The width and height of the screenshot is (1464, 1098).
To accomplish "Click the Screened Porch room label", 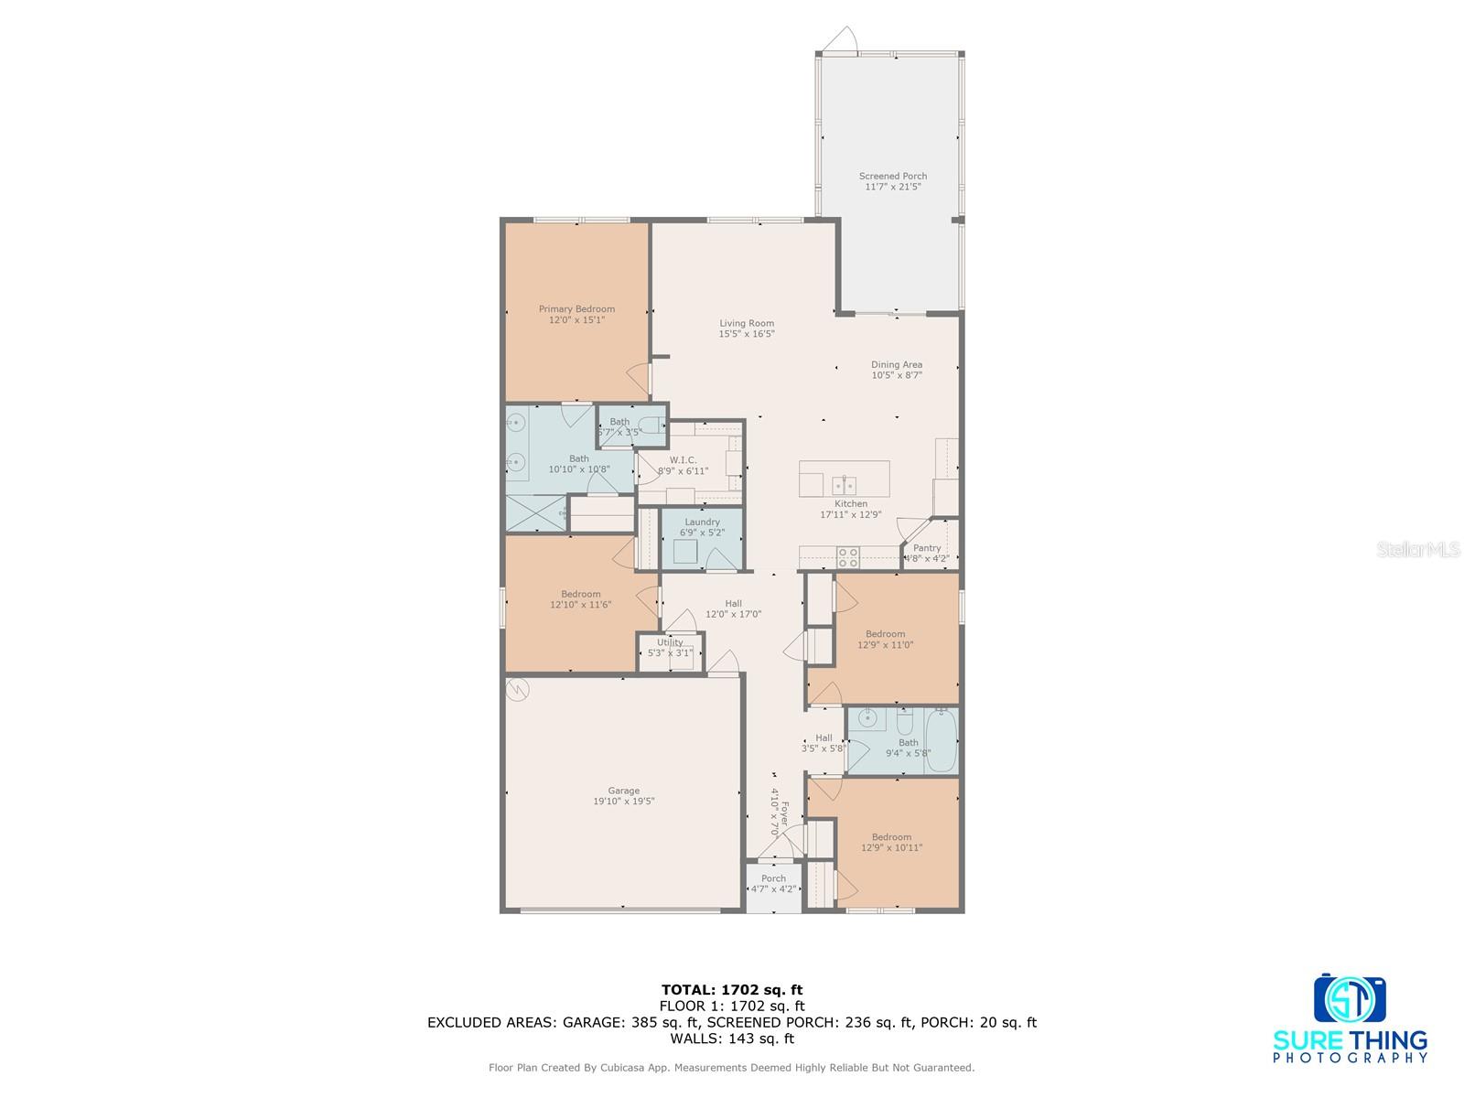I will (892, 177).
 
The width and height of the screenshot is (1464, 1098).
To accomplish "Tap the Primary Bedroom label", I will (576, 309).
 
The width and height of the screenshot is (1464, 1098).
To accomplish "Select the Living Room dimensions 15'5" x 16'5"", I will (747, 334).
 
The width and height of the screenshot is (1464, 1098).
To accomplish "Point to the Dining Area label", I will (896, 365).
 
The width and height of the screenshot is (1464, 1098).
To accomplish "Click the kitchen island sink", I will (844, 484).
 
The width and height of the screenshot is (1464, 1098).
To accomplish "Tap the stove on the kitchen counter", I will (847, 557).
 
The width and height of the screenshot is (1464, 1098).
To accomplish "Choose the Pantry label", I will (927, 548).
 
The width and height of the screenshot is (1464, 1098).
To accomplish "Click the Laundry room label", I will (702, 522).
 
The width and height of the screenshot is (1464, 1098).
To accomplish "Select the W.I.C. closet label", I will (683, 460).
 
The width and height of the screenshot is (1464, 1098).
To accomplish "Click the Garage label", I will (624, 791).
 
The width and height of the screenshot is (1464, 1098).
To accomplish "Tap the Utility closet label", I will (670, 642).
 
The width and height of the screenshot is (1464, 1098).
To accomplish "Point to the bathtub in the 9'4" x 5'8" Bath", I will (942, 740).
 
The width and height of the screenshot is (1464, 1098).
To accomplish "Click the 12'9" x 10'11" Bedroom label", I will (891, 837).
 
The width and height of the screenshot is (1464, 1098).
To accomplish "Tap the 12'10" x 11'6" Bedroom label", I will (581, 594).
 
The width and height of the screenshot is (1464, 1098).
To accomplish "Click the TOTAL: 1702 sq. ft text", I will (731, 989).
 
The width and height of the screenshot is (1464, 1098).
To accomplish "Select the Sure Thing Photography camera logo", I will (1350, 999).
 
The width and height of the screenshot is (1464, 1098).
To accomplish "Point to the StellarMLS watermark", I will (1419, 550).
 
